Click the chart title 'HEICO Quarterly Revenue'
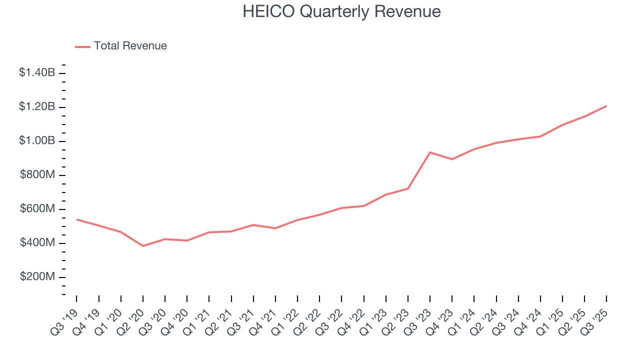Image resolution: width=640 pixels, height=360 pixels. click(x=341, y=11)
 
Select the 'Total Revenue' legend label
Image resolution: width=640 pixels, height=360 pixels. click(x=130, y=46)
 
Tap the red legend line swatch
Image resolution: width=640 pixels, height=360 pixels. click(x=82, y=46)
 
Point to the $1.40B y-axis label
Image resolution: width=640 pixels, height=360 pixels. click(x=37, y=73)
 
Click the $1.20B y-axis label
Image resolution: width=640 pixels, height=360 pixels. click(x=37, y=107)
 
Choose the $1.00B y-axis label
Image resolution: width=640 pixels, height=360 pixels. click(x=37, y=141)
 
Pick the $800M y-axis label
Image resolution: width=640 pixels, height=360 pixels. click(x=37, y=175)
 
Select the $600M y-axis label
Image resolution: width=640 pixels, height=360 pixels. click(x=37, y=209)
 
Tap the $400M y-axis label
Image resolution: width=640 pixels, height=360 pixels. click(x=37, y=243)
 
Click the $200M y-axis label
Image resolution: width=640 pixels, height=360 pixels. click(x=37, y=277)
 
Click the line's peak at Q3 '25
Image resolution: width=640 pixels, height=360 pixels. click(x=606, y=106)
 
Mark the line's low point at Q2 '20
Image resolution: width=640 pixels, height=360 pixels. click(x=143, y=246)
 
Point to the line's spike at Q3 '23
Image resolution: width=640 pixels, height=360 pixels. click(x=430, y=152)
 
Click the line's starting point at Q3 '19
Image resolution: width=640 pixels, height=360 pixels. click(x=77, y=219)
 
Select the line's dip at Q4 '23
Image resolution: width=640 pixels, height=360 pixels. click(x=452, y=159)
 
